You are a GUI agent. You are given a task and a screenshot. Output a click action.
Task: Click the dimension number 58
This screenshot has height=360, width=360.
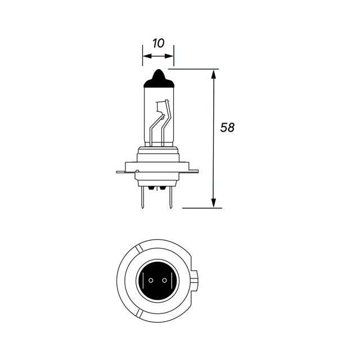[227, 128]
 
